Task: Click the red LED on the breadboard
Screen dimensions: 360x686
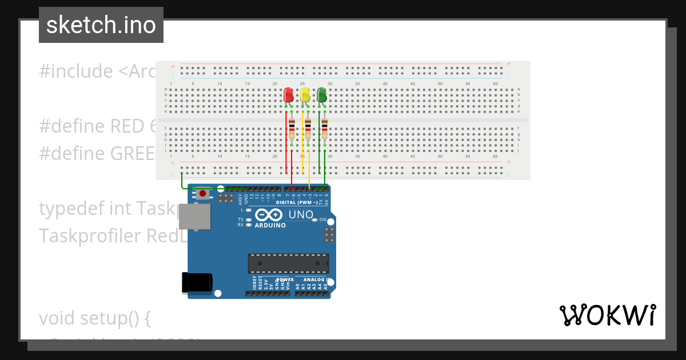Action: tap(289, 95)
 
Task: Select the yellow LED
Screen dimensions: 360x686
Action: tap(305, 95)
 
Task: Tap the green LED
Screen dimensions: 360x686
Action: tap(322, 95)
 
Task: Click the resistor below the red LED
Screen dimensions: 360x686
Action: tap(292, 129)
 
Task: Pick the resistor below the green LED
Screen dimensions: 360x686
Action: tap(325, 129)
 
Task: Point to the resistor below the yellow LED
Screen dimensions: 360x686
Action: tap(308, 129)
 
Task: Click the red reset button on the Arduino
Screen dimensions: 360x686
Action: tap(202, 194)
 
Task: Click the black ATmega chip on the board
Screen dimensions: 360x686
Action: tap(288, 263)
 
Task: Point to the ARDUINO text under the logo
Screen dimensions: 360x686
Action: tap(270, 225)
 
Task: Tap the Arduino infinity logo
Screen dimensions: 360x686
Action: tap(269, 215)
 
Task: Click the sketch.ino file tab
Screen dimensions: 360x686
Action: tap(101, 25)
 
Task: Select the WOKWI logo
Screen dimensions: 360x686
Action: tap(608, 315)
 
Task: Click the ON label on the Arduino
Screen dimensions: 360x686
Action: tap(323, 220)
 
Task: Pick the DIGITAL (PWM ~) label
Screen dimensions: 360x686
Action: tap(297, 203)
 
